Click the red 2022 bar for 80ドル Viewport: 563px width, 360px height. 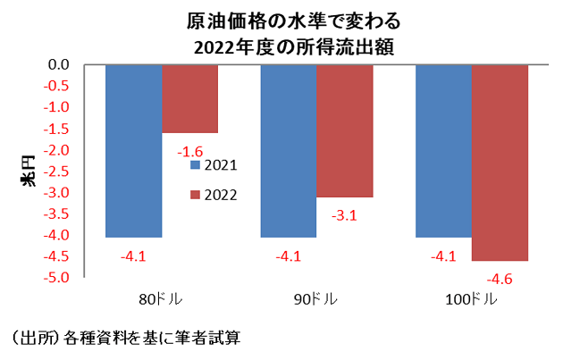pyautogui.click(x=189, y=98)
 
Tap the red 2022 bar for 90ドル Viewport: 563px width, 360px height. pyautogui.click(x=345, y=130)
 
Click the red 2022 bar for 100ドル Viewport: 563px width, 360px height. pyautogui.click(x=500, y=163)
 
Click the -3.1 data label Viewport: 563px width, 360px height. pyautogui.click(x=344, y=214)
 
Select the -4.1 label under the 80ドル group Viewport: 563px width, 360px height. pyautogui.click(x=133, y=257)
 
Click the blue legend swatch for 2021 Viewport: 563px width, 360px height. pyautogui.click(x=195, y=165)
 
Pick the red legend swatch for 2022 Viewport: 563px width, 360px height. pyautogui.click(x=195, y=195)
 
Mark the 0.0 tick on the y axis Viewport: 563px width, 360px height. pyautogui.click(x=59, y=64)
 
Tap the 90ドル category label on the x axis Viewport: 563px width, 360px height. pyautogui.click(x=316, y=299)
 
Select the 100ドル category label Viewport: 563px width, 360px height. pyautogui.click(x=471, y=299)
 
